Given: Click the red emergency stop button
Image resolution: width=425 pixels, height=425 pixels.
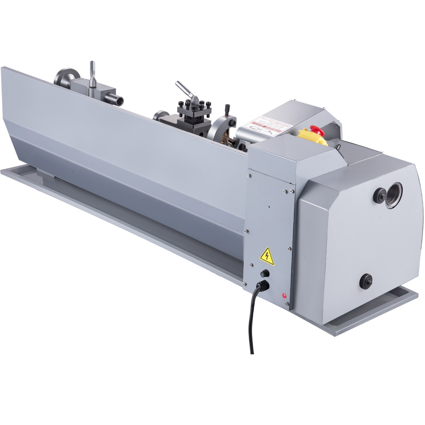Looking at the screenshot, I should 317,130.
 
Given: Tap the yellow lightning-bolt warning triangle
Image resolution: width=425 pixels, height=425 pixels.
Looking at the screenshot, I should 267,257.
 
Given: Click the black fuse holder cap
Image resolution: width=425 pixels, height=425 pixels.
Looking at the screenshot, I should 265,274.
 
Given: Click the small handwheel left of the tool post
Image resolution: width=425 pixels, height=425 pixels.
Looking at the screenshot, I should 159,116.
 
